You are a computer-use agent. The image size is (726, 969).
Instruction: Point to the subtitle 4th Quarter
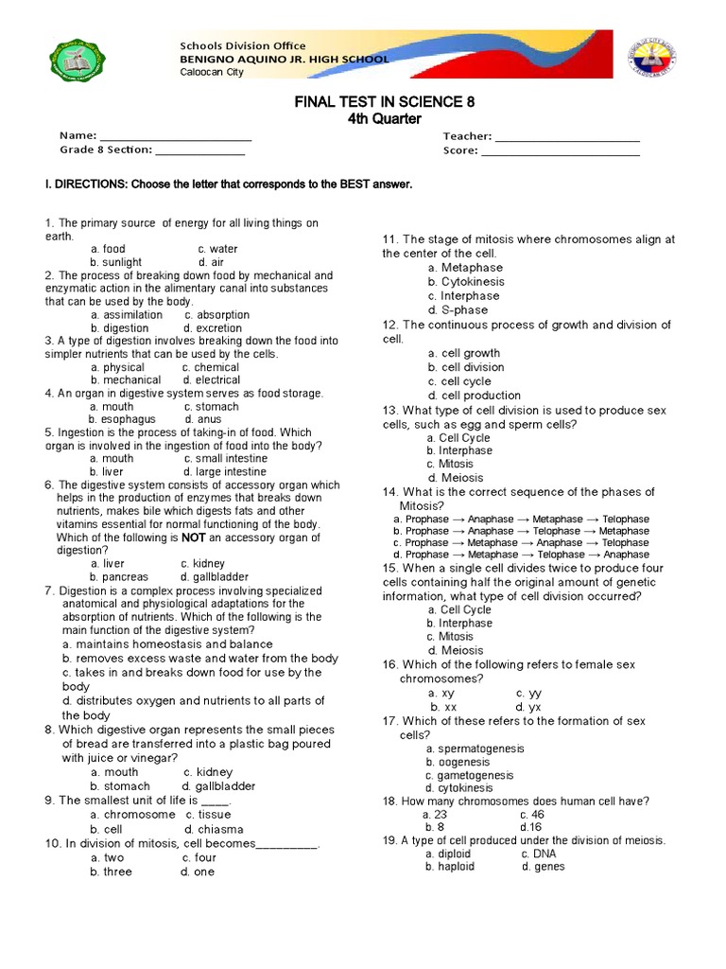364,119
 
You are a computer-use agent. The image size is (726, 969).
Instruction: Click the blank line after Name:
175,136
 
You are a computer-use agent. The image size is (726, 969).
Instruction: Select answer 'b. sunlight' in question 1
116,262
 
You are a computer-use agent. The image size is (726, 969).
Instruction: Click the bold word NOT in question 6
193,537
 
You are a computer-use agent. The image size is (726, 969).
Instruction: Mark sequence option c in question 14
521,543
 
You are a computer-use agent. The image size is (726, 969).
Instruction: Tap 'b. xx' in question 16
444,707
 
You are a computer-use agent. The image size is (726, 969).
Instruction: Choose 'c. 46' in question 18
531,814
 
